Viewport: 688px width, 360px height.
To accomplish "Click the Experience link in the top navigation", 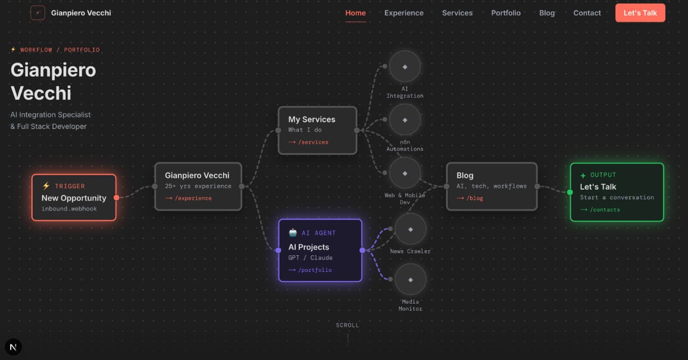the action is [404, 13].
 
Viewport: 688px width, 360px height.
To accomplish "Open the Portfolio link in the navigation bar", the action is [506, 13].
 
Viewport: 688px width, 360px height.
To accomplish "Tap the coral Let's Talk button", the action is [640, 13].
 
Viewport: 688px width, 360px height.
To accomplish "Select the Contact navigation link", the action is [587, 13].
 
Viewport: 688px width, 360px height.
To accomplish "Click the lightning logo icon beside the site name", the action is [38, 13].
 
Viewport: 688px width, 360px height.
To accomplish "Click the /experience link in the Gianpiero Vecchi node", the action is [188, 198].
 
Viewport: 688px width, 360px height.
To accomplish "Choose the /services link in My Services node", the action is [308, 142].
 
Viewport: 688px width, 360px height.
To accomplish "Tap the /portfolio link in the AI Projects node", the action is [310, 270].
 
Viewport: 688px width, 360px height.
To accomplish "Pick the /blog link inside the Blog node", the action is [470, 198].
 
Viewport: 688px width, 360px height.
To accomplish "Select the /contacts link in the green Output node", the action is [600, 210].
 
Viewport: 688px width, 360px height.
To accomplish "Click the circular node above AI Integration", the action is [405, 67].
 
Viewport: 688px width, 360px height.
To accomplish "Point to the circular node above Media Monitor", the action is [410, 279].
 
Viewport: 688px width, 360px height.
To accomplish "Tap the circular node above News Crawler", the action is [410, 229].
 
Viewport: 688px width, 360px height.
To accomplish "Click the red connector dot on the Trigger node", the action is [117, 198].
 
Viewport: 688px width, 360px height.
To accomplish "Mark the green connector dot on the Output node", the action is [570, 192].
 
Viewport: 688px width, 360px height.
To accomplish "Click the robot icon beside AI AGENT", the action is [293, 233].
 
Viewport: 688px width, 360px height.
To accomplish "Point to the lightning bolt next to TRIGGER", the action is [46, 186].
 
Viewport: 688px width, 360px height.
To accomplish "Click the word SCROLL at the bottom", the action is [347, 325].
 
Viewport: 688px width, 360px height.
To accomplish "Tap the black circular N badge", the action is [13, 347].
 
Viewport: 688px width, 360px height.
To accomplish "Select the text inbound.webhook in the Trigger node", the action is [69, 208].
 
